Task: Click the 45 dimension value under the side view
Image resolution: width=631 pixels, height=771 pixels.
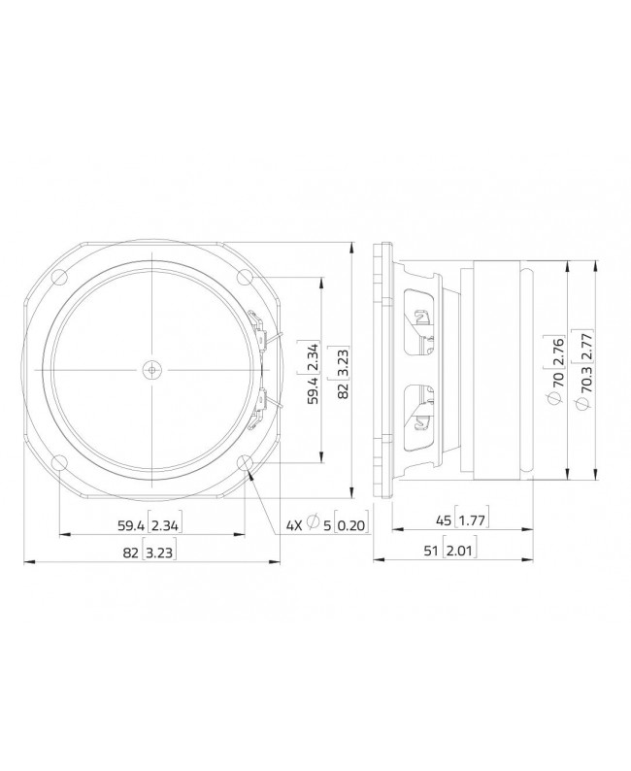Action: (x=444, y=521)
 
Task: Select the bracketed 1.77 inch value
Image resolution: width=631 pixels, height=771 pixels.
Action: (x=473, y=521)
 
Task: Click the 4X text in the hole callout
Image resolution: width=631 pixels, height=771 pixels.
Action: (x=294, y=525)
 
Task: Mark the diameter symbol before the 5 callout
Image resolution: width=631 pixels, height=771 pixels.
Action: (x=313, y=525)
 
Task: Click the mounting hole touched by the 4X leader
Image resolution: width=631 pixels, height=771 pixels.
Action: (x=246, y=462)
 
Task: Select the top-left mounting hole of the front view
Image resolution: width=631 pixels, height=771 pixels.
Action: (x=60, y=278)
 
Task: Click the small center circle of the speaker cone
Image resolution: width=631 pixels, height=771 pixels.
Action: (x=152, y=369)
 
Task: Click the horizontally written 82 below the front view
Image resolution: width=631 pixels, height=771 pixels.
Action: (x=129, y=553)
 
